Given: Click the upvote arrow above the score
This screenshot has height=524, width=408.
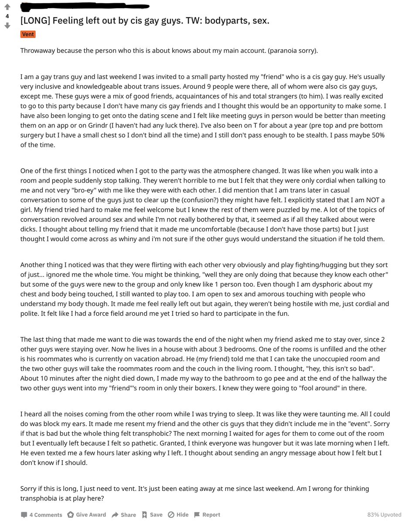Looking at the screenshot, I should (7, 7).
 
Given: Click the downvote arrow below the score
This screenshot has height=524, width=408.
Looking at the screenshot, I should (7, 26).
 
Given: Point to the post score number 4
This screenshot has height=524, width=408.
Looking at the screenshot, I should (7, 16).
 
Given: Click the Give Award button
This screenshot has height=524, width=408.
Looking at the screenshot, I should (87, 515).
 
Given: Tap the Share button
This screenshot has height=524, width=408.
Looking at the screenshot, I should (124, 515).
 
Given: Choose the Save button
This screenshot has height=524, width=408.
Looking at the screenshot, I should (152, 515).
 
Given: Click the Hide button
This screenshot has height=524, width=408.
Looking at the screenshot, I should (178, 515).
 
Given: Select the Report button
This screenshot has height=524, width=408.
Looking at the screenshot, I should (207, 515).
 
